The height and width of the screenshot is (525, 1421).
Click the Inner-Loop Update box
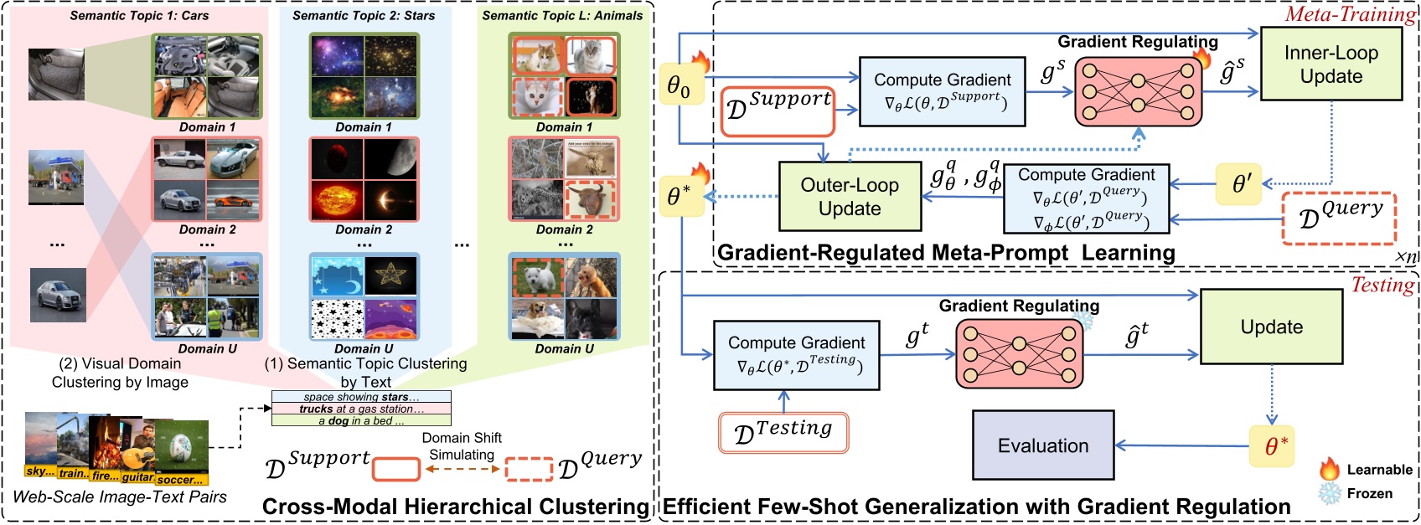pyautogui.click(x=1331, y=64)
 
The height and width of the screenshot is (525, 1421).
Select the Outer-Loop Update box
pyautogui.click(x=850, y=196)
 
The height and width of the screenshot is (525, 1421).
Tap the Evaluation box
pyautogui.click(x=1042, y=445)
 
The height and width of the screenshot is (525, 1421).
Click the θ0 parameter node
pyautogui.click(x=679, y=85)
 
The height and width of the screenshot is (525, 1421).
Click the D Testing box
pyautogui.click(x=783, y=433)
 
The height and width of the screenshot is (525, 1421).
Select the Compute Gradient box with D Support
pyautogui.click(x=942, y=91)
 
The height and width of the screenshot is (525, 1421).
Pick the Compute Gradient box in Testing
pyautogui.click(x=796, y=355)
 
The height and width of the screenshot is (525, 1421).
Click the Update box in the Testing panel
pyautogui.click(x=1271, y=327)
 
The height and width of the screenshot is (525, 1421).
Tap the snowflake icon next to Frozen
pyautogui.click(x=1330, y=493)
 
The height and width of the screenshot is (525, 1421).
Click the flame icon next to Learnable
pyautogui.click(x=1330, y=469)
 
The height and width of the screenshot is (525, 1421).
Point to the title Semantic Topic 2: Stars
pyautogui.click(x=364, y=15)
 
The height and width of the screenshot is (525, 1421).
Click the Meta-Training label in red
pyautogui.click(x=1349, y=14)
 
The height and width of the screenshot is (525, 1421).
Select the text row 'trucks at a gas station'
pyautogui.click(x=361, y=409)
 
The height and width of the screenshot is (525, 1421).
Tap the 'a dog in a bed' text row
pyautogui.click(x=361, y=420)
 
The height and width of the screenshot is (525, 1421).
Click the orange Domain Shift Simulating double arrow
pyautogui.click(x=462, y=469)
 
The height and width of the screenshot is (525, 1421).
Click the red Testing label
pyautogui.click(x=1382, y=285)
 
